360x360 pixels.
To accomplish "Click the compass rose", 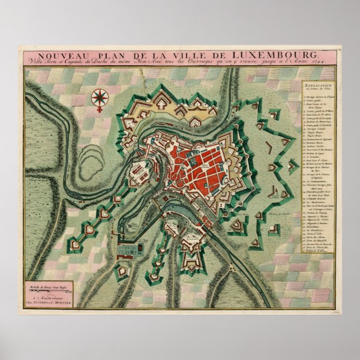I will coord(100,98).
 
